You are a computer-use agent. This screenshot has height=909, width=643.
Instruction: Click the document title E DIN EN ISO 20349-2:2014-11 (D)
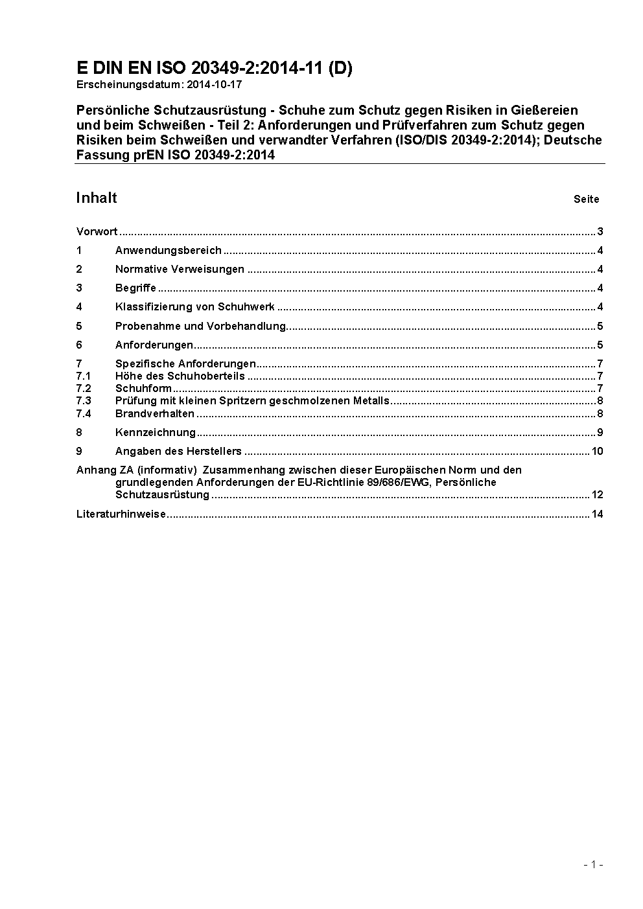tap(214, 68)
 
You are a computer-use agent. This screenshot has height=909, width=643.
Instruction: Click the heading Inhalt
tap(97, 198)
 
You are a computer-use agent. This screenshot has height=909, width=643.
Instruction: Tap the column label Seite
tap(586, 200)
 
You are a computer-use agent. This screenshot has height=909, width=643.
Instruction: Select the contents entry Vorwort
tap(97, 232)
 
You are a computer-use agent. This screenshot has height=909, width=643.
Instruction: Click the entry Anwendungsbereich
tap(168, 251)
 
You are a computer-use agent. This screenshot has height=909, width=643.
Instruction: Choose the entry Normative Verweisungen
tap(180, 270)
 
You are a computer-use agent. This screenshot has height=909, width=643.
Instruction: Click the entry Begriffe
tap(135, 288)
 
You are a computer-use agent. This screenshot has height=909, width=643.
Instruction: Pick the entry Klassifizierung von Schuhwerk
tap(194, 307)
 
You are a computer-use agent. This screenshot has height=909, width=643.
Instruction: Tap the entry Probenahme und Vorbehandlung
tap(200, 326)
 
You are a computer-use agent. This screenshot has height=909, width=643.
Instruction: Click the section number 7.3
tap(84, 401)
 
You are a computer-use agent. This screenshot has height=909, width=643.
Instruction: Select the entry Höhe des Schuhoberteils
tap(180, 376)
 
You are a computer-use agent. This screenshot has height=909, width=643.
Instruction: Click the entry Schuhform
tap(143, 389)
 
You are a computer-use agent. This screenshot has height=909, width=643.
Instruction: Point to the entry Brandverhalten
tap(154, 414)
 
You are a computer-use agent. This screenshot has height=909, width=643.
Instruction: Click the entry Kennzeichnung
tap(155, 433)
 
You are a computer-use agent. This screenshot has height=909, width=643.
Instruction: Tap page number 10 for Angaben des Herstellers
tap(597, 452)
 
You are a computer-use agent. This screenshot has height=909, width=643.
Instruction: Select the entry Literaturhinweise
tap(121, 514)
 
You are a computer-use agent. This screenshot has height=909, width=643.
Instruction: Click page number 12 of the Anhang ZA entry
tap(597, 495)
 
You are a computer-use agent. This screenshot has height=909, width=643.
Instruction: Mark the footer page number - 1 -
tap(594, 864)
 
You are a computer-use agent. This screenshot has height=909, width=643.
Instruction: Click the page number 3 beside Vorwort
tap(600, 232)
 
